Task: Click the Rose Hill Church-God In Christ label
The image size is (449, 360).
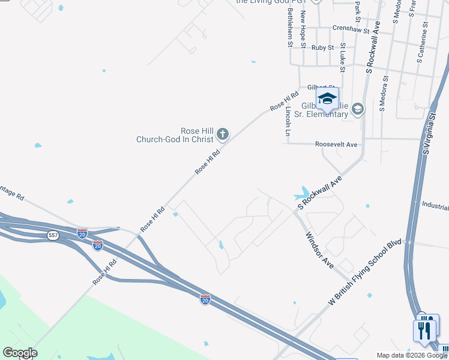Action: coord(175,135)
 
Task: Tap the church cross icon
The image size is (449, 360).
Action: coord(223,134)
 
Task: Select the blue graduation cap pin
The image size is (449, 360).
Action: coord(327,100)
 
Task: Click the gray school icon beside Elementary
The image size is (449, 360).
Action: coord(358,109)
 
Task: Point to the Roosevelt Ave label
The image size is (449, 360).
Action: coord(336,145)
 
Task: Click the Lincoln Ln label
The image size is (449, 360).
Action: coord(288,121)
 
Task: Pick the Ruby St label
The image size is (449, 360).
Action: coord(322,47)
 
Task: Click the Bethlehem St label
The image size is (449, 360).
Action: coord(290,28)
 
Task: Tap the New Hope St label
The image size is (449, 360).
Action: coord(304,29)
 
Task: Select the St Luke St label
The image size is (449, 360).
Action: coord(343,57)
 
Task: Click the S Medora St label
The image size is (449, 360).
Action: coord(383,94)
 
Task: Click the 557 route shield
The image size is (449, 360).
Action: coord(53,236)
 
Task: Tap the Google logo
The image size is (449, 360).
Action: coord(20,353)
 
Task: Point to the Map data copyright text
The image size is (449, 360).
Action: coord(412,355)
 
